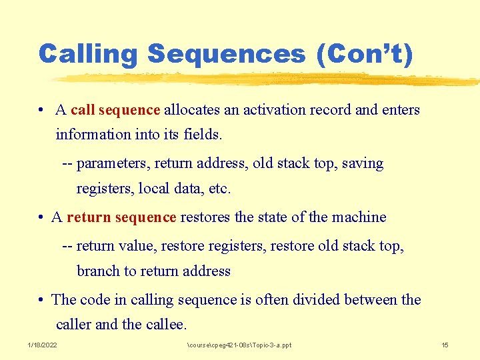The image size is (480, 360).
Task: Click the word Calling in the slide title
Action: pyautogui.click(x=89, y=54)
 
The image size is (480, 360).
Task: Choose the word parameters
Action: pyautogui.click(x=113, y=163)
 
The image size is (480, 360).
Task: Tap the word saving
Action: pyautogui.click(x=363, y=163)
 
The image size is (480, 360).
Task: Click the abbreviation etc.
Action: pyautogui.click(x=220, y=189)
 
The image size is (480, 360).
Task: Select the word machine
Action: pyautogui.click(x=360, y=217)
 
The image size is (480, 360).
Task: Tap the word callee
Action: pyautogui.click(x=166, y=325)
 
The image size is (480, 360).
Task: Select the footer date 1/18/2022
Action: pyautogui.click(x=42, y=345)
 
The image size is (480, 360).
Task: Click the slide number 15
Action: pyautogui.click(x=445, y=345)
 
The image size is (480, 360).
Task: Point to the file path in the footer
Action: pyautogui.click(x=239, y=345)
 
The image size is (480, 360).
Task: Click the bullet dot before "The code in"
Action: pyautogui.click(x=41, y=300)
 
